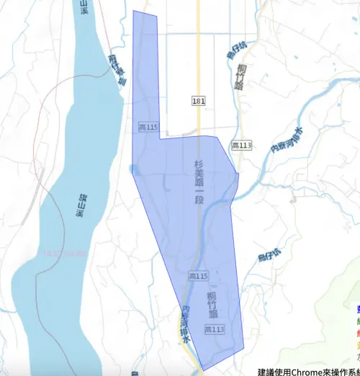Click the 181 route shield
[199, 101]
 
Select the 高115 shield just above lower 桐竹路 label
[198, 276]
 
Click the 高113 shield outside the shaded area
[242, 146]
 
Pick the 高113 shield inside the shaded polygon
[214, 329]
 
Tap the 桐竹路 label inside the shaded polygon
[212, 304]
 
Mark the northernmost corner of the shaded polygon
[133, 11]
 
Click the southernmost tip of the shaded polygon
[203, 370]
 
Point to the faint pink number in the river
[64, 254]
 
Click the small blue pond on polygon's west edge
[132, 169]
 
